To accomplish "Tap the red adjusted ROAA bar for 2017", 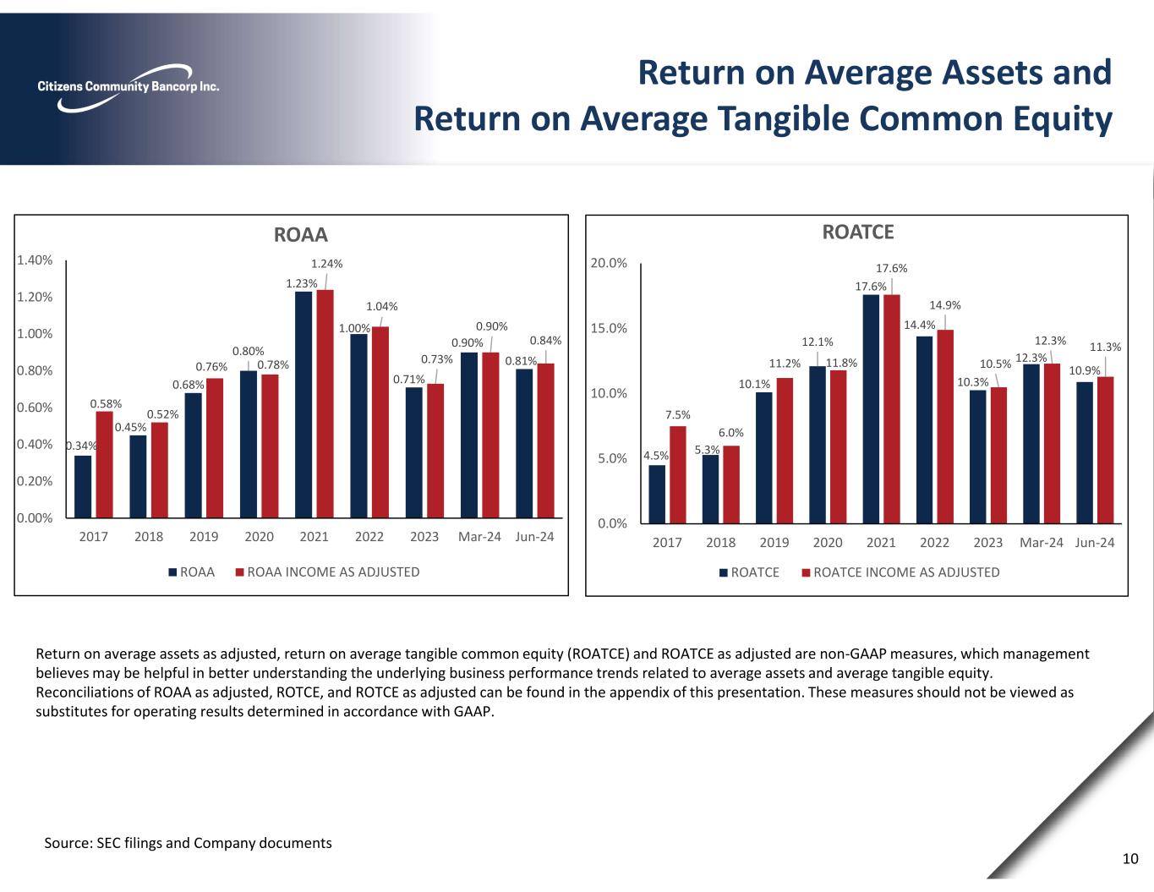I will [x=105, y=464].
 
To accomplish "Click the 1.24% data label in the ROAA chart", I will [x=326, y=264].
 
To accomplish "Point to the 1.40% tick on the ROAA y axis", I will [x=35, y=260].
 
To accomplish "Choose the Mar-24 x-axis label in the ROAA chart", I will [x=479, y=537].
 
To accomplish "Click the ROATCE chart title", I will [x=858, y=232].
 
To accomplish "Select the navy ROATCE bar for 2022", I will [x=924, y=430].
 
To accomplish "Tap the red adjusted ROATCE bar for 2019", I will [x=785, y=450].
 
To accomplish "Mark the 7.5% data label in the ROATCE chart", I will [x=678, y=414].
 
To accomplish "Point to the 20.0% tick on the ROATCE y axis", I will [x=609, y=263].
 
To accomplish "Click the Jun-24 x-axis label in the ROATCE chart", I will [x=1095, y=542].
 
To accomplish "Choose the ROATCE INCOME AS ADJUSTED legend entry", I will [x=905, y=572].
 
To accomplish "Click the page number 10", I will [x=1130, y=859].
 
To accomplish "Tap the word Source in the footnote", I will [x=68, y=843].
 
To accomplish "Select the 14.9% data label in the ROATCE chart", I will [x=944, y=305].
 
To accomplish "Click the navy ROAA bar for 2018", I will [x=138, y=476].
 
